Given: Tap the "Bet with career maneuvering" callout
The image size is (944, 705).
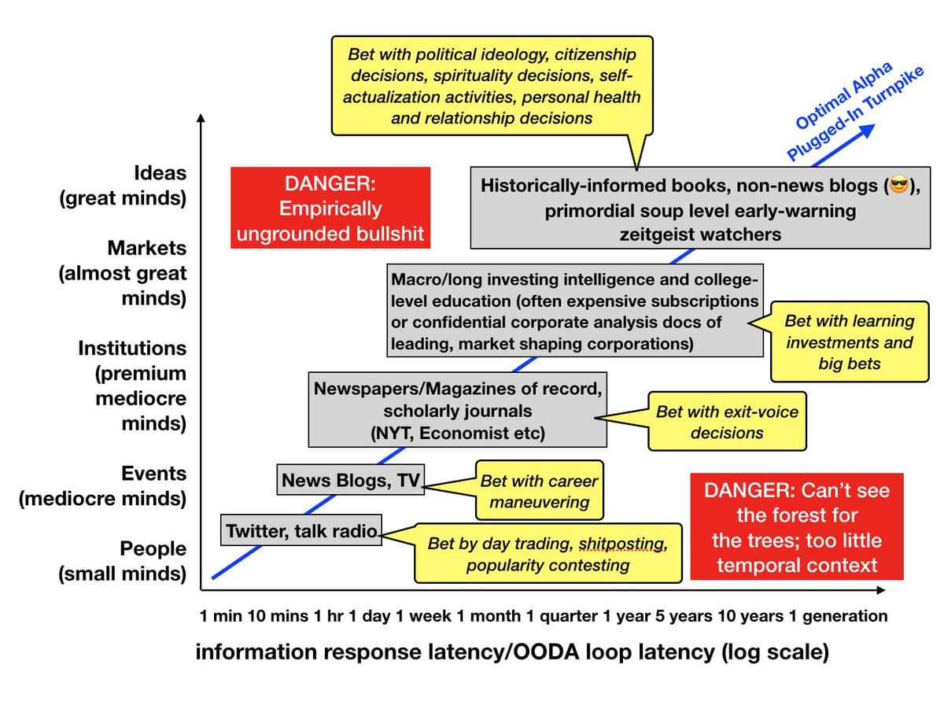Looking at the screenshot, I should tap(539, 491).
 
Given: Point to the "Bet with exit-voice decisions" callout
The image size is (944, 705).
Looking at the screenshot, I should tap(727, 422).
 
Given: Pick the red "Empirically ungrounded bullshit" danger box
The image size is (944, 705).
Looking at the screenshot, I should tap(330, 209).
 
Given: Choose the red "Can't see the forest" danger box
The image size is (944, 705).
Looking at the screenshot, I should tap(796, 528).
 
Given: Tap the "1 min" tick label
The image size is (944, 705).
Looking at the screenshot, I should tap(221, 616).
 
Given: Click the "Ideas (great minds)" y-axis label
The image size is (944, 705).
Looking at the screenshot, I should tap(123, 185).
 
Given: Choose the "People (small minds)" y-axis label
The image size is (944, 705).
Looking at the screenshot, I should tap(123, 561).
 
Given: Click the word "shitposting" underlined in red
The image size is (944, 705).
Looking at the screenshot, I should tap(622, 544).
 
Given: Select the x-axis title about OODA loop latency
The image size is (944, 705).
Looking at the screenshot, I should tap(511, 653).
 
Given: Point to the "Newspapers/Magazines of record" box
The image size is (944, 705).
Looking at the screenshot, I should tap(459, 411).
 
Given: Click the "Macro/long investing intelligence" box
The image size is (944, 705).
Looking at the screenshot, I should tap(575, 312).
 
